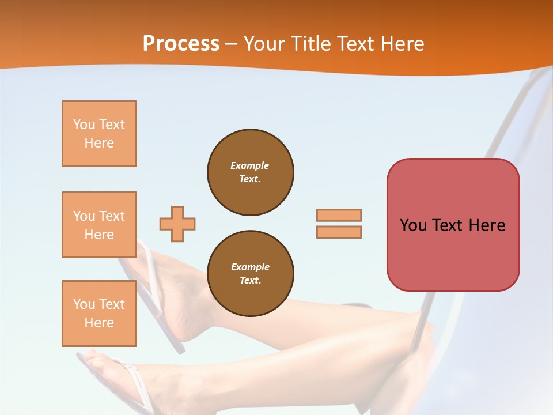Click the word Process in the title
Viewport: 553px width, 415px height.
[x=181, y=44]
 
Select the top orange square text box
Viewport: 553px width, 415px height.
[x=99, y=134]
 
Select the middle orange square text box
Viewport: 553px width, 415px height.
[x=99, y=225]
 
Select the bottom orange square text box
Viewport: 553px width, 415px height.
[x=99, y=314]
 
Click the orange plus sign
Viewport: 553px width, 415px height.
[x=177, y=224]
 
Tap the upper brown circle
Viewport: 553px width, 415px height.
[x=250, y=172]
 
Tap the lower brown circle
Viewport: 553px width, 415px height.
[x=250, y=273]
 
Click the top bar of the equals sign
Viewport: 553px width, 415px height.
[x=339, y=215]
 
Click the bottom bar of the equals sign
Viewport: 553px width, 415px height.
[x=339, y=232]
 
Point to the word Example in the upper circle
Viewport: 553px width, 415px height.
[x=250, y=165]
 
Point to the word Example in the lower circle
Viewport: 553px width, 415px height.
[x=250, y=267]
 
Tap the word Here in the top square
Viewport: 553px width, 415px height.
[x=99, y=143]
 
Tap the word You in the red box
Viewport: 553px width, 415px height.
[x=413, y=225]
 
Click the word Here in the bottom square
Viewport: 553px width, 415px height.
[x=99, y=323]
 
